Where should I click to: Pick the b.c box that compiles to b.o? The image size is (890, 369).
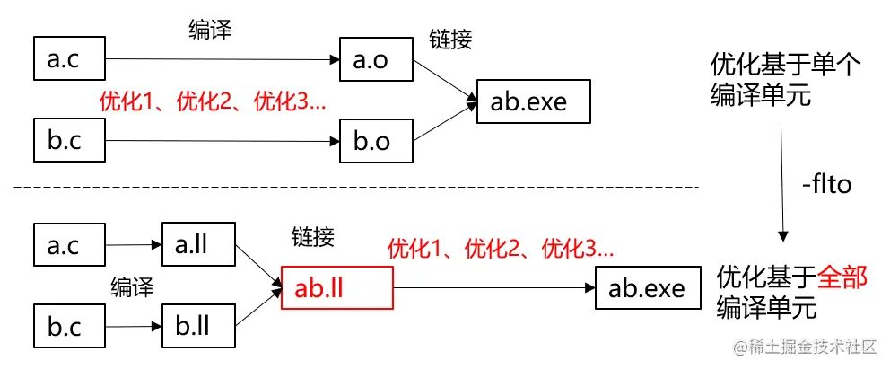pyautogui.click(x=68, y=141)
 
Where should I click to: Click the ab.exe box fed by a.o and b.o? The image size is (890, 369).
pyautogui.click(x=534, y=101)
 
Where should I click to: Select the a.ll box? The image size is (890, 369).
pyautogui.click(x=198, y=244)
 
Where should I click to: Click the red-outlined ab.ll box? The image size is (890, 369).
pyautogui.click(x=336, y=288)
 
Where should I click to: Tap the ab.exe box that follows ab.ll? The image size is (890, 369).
pyautogui.click(x=646, y=288)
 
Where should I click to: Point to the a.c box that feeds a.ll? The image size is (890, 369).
pyautogui.click(x=68, y=244)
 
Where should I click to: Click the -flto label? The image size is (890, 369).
pyautogui.click(x=825, y=186)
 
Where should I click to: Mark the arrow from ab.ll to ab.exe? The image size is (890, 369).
pyautogui.click(x=493, y=288)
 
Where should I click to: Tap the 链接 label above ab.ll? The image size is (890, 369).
pyautogui.click(x=313, y=237)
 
